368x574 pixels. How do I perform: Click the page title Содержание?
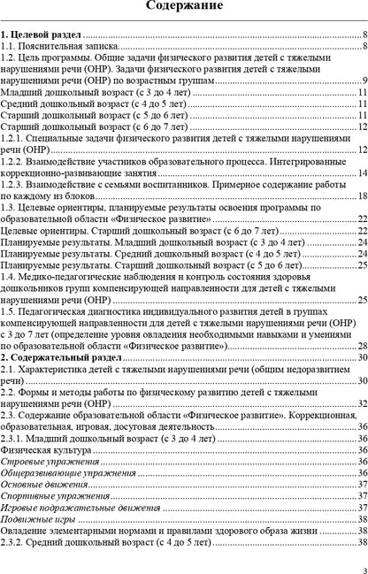[x=183, y=9]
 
